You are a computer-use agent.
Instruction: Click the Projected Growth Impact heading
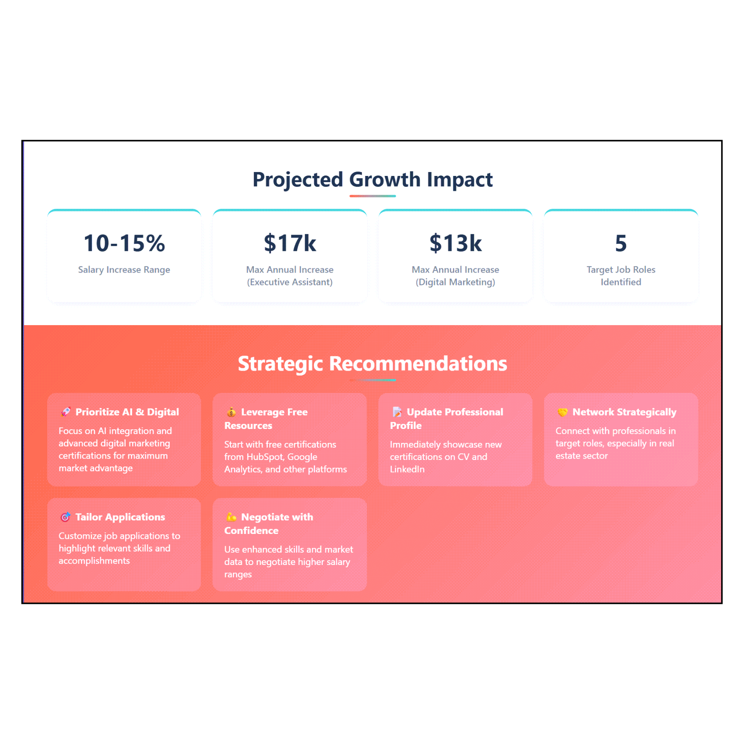pyautogui.click(x=372, y=179)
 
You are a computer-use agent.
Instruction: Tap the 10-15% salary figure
pyautogui.click(x=124, y=243)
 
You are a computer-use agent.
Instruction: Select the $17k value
pyautogui.click(x=290, y=243)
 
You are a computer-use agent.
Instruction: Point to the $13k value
pyautogui.click(x=456, y=243)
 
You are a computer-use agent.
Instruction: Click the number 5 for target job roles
pyautogui.click(x=621, y=243)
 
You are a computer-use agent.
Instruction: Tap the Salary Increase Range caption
pyautogui.click(x=124, y=270)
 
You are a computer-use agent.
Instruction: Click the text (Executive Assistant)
pyautogui.click(x=290, y=282)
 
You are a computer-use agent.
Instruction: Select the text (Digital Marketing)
pyautogui.click(x=456, y=282)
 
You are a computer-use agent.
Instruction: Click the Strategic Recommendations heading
pyautogui.click(x=372, y=364)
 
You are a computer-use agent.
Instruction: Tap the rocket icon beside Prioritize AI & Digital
pyautogui.click(x=66, y=412)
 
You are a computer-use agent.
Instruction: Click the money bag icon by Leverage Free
pyautogui.click(x=231, y=412)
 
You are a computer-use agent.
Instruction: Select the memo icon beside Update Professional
pyautogui.click(x=397, y=412)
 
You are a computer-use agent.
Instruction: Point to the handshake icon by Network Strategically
pyautogui.click(x=562, y=412)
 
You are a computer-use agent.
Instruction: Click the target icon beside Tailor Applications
pyautogui.click(x=66, y=517)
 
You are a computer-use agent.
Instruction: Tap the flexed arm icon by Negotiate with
pyautogui.click(x=231, y=517)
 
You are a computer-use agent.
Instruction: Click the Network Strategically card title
pyautogui.click(x=625, y=412)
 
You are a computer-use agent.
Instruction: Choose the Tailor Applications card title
pyautogui.click(x=120, y=517)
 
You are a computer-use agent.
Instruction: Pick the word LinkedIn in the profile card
pyautogui.click(x=407, y=469)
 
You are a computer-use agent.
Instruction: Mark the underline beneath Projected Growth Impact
pyautogui.click(x=372, y=196)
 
